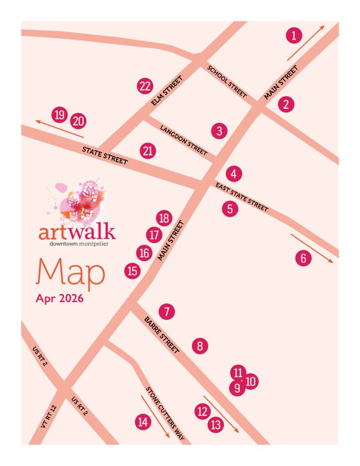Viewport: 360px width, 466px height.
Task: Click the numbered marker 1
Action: click(x=294, y=35)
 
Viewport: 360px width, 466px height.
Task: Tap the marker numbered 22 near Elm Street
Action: click(x=145, y=86)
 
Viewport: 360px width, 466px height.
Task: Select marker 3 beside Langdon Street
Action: click(x=219, y=132)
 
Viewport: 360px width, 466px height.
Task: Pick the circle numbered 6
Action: click(x=304, y=258)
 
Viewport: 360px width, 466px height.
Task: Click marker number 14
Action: click(x=143, y=422)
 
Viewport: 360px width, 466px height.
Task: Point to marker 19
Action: click(x=59, y=115)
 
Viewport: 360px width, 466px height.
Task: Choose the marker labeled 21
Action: click(x=147, y=151)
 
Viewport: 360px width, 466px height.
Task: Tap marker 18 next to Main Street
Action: click(x=164, y=218)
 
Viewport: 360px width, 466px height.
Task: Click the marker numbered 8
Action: click(x=200, y=346)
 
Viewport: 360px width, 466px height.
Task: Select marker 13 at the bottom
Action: click(x=216, y=425)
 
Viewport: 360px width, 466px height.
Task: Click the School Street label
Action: click(x=227, y=82)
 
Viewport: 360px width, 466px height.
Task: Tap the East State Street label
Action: click(x=241, y=197)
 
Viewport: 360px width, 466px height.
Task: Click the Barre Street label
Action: click(x=162, y=335)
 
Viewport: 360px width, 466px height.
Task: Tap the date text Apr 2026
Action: click(x=59, y=299)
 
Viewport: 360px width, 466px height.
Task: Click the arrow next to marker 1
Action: click(x=305, y=43)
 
